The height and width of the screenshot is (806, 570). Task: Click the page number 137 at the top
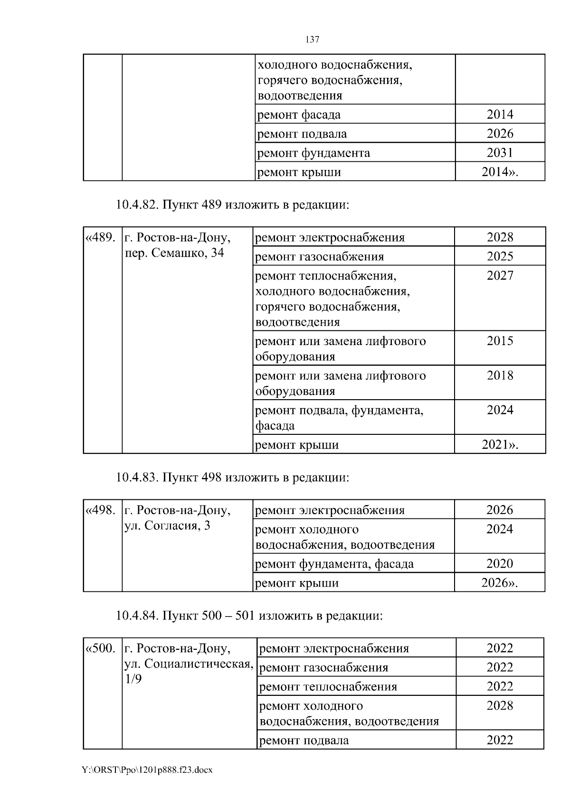click(312, 40)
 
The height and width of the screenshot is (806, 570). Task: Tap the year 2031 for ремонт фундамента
click(500, 153)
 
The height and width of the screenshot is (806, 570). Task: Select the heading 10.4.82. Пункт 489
click(232, 205)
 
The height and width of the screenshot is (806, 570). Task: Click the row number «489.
click(100, 237)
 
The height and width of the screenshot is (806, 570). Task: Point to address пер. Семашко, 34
click(174, 253)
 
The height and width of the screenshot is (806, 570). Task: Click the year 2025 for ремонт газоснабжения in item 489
click(500, 256)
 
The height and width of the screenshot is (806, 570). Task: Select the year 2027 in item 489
click(500, 276)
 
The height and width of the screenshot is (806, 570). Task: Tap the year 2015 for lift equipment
click(500, 341)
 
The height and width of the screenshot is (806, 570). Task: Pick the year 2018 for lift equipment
click(500, 376)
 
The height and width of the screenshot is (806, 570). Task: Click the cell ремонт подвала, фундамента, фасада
click(339, 417)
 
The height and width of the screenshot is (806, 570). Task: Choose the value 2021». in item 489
click(500, 445)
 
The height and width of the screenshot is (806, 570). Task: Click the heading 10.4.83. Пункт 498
click(232, 478)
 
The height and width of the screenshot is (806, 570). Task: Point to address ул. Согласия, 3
click(167, 526)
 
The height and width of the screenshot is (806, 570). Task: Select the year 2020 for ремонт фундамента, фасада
click(500, 564)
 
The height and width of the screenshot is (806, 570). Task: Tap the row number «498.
click(100, 510)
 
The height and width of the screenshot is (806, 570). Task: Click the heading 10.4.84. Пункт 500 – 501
click(249, 616)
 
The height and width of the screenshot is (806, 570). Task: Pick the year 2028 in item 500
click(500, 706)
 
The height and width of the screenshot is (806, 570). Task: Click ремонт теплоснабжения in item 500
click(328, 687)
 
